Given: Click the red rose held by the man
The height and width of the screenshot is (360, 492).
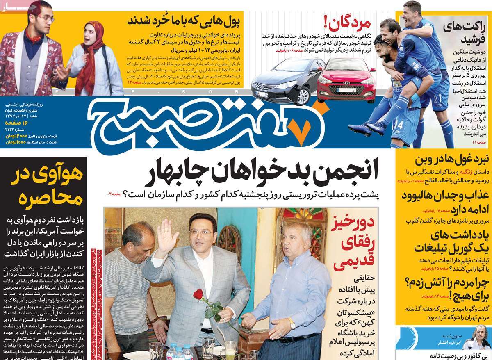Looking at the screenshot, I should coord(198,294).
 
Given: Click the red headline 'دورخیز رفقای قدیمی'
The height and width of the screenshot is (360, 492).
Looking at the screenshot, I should coord(352,244).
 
